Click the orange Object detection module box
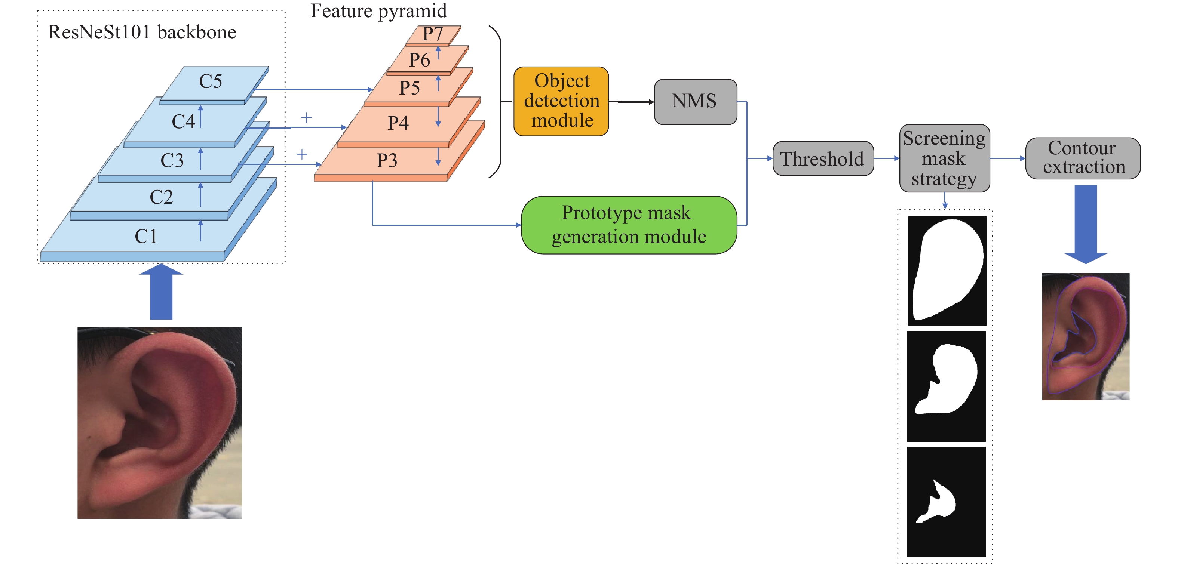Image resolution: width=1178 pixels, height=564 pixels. tap(561, 101)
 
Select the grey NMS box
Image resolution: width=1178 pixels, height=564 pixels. tap(695, 101)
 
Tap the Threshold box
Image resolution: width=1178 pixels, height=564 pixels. tap(823, 158)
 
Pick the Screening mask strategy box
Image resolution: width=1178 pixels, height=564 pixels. tap(944, 158)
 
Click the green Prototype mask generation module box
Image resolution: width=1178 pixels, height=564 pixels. tap(629, 225)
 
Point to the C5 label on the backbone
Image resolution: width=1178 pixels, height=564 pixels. tap(210, 82)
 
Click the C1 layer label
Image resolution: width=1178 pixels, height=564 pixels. tap(146, 236)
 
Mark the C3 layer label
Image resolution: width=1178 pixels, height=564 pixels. tap(172, 160)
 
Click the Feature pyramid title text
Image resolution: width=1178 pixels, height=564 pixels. tap(378, 11)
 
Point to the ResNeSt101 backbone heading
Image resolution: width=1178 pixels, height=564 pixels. tap(142, 33)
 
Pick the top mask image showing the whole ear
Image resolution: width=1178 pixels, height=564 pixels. tap(947, 271)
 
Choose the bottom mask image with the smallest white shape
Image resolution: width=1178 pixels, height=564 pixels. tap(946, 501)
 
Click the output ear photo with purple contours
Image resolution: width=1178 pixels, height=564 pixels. tap(1085, 336)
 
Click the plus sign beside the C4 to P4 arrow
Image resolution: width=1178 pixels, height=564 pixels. tap(306, 118)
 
